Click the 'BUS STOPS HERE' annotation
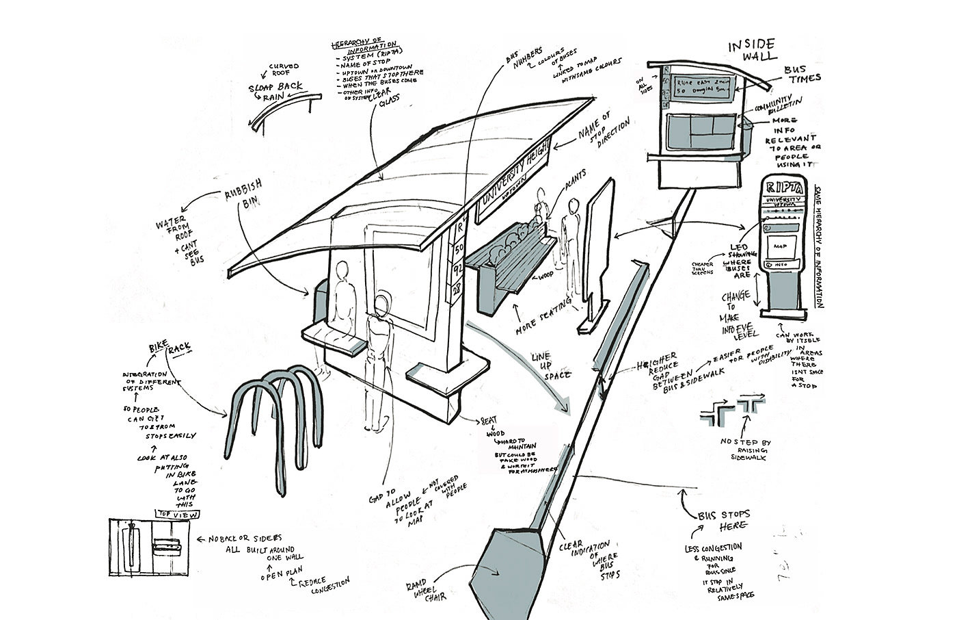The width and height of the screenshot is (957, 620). [724, 519]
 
